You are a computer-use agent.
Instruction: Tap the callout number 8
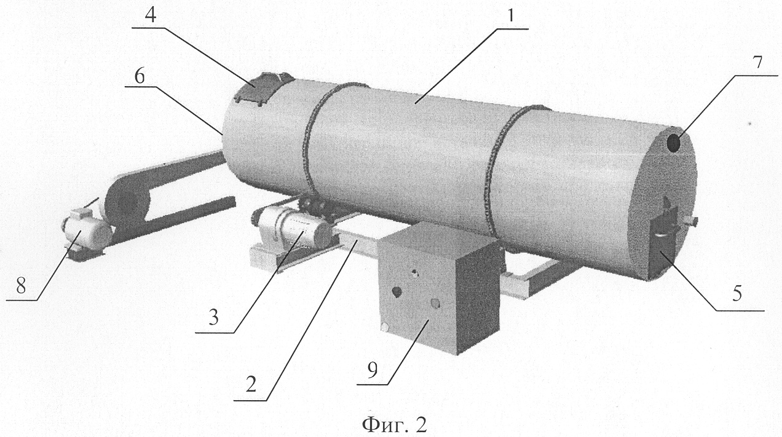tap(20, 286)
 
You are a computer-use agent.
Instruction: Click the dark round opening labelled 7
tap(674, 144)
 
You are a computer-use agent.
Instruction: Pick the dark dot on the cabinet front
tap(397, 291)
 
